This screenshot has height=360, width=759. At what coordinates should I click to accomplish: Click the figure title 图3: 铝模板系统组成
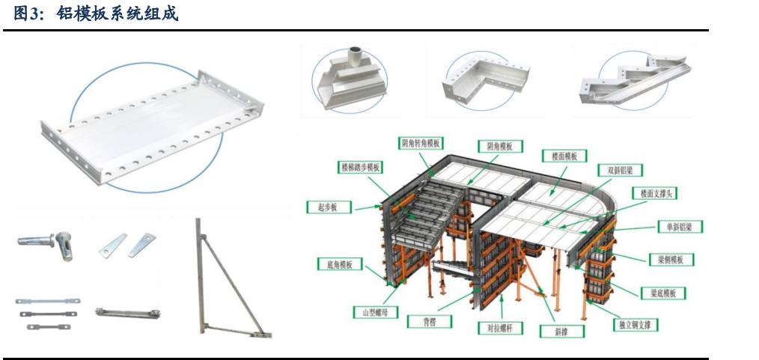96,13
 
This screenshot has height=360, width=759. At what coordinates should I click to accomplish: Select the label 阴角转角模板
421,143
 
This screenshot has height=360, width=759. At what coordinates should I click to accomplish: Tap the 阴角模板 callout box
501,146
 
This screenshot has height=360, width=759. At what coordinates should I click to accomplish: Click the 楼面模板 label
564,156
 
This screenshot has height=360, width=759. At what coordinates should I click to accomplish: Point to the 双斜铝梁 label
621,171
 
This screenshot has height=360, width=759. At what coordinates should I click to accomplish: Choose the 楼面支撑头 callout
655,193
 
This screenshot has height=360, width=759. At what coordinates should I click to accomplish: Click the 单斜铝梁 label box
680,227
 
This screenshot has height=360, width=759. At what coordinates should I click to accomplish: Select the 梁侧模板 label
671,260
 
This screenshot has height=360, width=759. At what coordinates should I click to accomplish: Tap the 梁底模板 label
663,293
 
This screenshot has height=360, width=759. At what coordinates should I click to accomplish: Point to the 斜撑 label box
562,332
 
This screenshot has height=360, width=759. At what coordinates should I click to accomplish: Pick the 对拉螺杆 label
501,328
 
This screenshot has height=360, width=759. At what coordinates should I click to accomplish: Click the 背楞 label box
430,321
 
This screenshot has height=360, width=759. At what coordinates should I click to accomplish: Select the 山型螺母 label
375,312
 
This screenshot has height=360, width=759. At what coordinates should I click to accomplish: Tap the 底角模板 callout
340,264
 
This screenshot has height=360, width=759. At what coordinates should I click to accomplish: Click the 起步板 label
329,207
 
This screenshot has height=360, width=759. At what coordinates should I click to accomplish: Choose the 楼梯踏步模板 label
361,168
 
